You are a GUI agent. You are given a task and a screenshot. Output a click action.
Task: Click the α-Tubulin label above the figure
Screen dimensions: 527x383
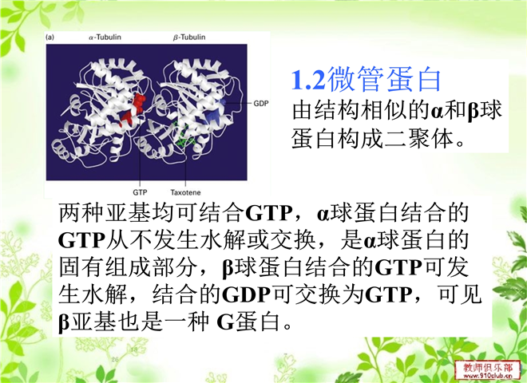click(x=105, y=38)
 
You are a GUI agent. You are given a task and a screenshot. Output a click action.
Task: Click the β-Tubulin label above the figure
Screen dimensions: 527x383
click(x=189, y=38)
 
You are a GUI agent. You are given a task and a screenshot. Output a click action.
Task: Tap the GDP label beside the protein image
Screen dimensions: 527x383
click(x=261, y=104)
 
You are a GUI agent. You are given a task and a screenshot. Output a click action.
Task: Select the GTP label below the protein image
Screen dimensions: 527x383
click(x=140, y=192)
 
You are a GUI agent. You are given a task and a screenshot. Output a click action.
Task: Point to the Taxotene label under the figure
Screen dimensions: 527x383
click(x=185, y=192)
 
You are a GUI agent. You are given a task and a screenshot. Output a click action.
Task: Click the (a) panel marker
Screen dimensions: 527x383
click(x=50, y=38)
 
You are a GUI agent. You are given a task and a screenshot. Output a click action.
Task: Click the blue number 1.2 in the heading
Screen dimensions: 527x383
click(x=308, y=80)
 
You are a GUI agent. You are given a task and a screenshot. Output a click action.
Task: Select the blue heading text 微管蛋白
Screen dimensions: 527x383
click(x=384, y=79)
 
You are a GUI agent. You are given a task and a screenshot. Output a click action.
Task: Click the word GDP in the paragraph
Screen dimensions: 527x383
click(x=246, y=294)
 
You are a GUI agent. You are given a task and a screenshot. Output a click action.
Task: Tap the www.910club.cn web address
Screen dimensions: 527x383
click(x=488, y=377)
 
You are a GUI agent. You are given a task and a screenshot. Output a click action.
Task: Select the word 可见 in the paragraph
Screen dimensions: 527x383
click(x=460, y=294)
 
